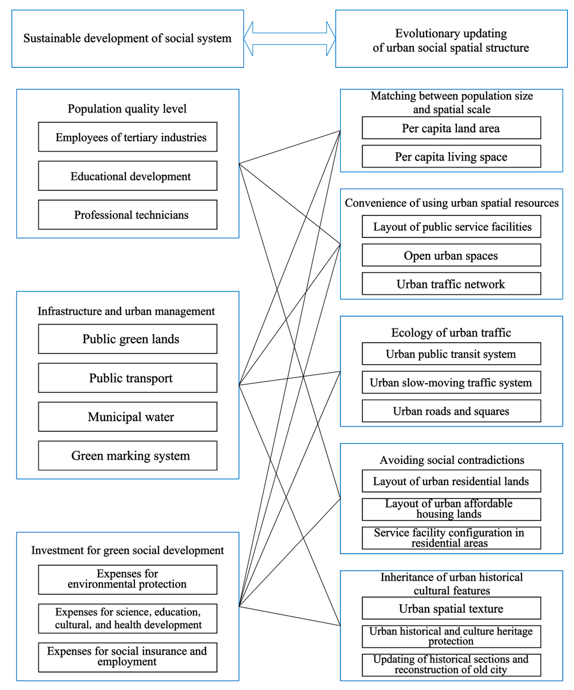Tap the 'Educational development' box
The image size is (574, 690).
tap(128, 176)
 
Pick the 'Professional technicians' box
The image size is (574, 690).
tap(128, 215)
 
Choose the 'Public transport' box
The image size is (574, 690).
tap(128, 378)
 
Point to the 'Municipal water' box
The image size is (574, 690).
tap(128, 417)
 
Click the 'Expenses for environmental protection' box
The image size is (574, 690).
tap(128, 580)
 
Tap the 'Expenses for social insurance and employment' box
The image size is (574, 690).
tap(128, 657)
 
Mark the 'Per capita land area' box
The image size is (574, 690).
tap(452, 128)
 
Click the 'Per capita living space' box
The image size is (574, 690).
tap(452, 156)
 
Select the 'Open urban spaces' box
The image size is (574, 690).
tap(452, 255)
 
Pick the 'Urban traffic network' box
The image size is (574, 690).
tap(452, 284)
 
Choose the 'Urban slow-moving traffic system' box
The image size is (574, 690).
tap(452, 382)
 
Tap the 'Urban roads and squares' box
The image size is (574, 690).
tap(452, 411)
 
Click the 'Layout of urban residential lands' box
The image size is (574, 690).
tap(452, 481)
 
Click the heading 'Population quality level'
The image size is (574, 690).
tap(127, 109)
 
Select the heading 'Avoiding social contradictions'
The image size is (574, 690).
tap(452, 460)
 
